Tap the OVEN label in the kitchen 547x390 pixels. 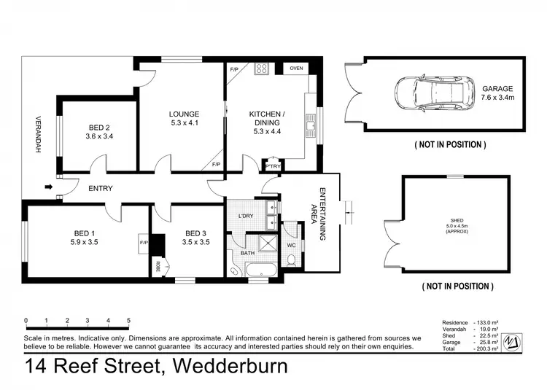coord(296,69)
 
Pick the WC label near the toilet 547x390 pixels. coord(291,245)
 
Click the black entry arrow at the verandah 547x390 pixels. coord(49,188)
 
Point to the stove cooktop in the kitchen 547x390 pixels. coord(262,69)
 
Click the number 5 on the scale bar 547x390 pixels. coord(128,320)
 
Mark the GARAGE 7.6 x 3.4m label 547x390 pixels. coord(497,93)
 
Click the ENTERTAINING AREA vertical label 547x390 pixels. coord(320,214)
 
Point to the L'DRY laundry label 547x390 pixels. coord(246,216)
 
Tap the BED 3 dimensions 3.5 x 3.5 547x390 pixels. coord(196,242)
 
